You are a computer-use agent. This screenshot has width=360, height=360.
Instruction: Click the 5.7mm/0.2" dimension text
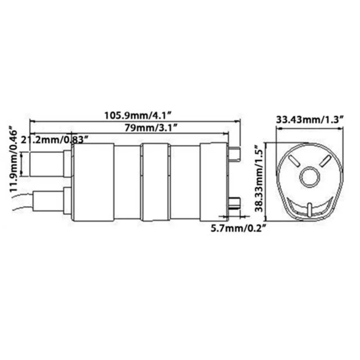tap(237, 228)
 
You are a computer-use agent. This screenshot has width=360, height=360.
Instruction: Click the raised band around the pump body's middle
tap(154, 181)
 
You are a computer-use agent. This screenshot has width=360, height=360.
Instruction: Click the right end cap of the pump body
tap(214, 181)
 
